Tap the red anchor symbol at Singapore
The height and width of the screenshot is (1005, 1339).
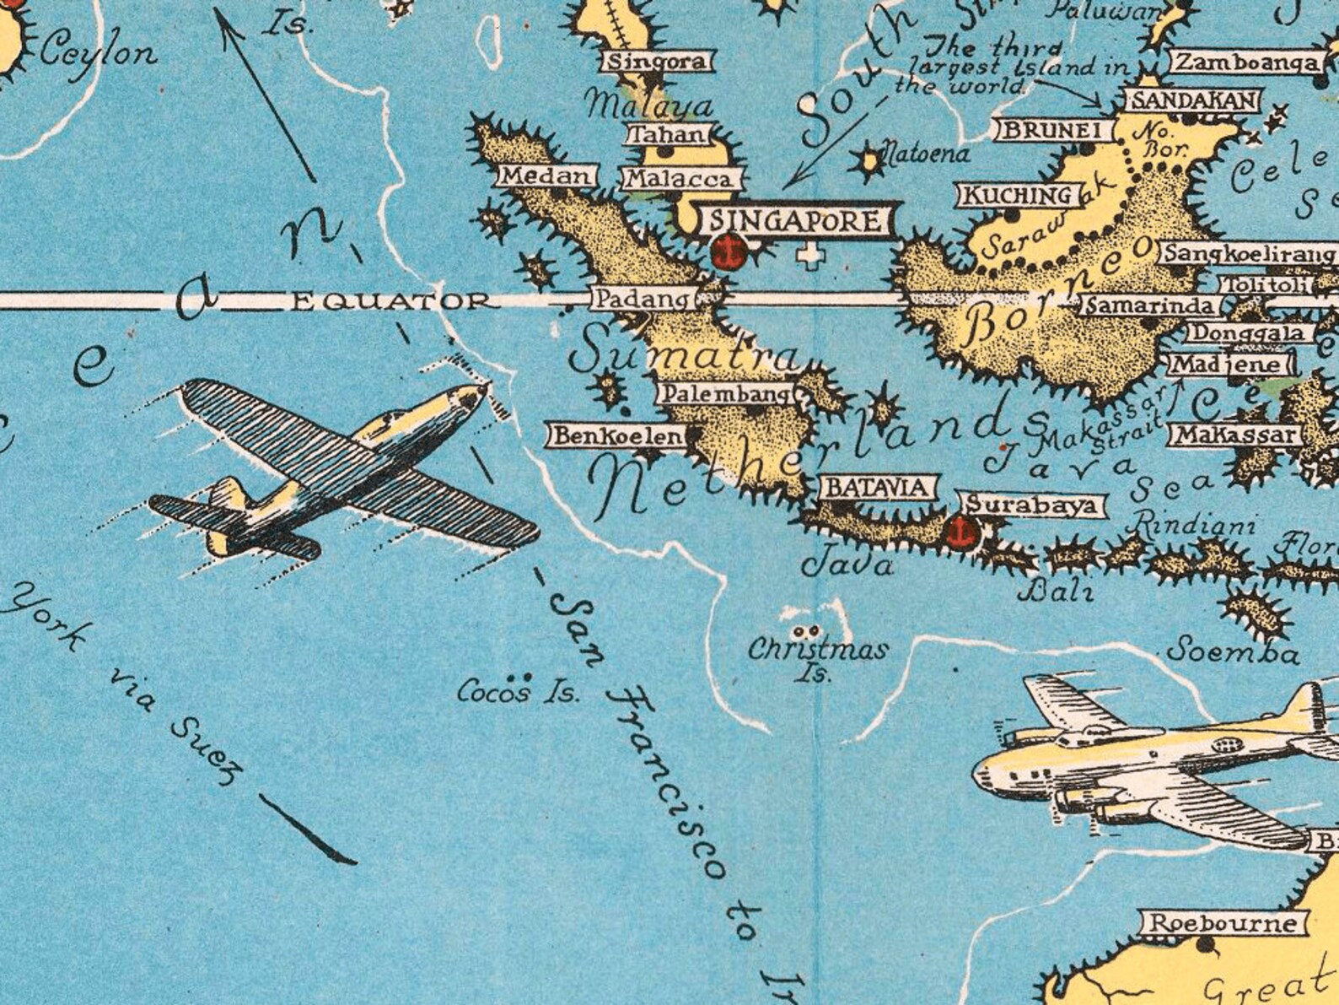coord(727,251)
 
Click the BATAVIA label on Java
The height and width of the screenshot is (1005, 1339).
coord(878,488)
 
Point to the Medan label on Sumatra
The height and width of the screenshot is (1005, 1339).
coord(545,176)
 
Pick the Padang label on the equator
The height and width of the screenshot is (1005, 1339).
coord(642,299)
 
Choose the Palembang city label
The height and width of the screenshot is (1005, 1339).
coord(725,393)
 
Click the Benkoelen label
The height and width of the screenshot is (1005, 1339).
coord(619,436)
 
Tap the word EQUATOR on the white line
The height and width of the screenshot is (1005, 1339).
coord(390,301)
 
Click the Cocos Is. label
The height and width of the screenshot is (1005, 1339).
coord(519,693)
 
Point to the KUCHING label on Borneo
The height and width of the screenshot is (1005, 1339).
coord(1017,196)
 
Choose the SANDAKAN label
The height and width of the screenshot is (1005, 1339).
coord(1191,101)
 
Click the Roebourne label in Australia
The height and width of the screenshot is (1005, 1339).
coord(1223,923)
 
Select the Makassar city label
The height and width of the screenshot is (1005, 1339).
coord(1234,435)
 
